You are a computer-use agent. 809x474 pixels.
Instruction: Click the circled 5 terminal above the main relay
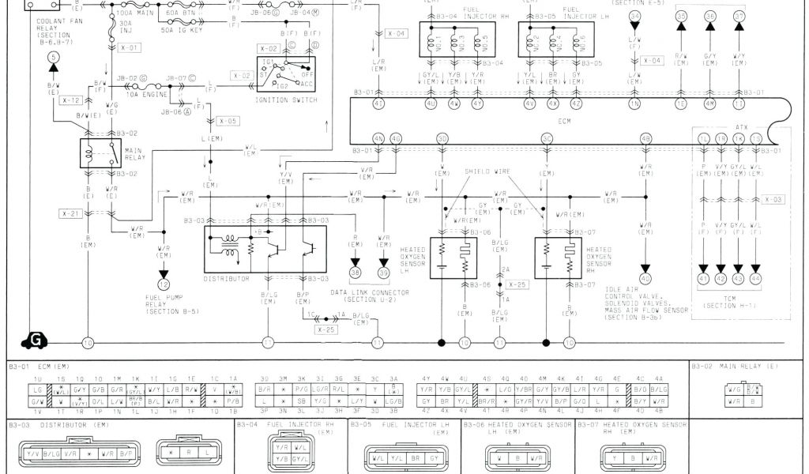[53, 57]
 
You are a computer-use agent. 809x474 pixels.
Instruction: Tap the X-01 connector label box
[130, 47]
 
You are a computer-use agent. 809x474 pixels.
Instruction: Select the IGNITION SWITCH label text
[286, 100]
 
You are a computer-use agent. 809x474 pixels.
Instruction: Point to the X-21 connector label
[70, 214]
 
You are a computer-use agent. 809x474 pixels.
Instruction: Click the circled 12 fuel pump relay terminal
[164, 284]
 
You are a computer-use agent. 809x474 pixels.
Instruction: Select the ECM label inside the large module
[564, 122]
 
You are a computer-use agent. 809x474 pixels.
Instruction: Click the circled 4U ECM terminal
[431, 103]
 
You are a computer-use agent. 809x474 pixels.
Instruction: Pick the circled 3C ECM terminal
[547, 139]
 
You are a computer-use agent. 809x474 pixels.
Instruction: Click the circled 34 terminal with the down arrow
[634, 16]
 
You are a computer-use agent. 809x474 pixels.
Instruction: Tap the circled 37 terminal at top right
[739, 16]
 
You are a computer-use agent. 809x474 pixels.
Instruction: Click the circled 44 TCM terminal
[755, 279]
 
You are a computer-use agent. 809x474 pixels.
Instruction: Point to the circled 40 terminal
[645, 279]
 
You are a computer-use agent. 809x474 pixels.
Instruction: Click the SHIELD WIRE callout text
[487, 171]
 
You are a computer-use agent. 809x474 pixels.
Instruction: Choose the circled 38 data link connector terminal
[355, 273]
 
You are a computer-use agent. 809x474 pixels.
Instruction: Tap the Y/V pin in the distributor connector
[33, 453]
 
